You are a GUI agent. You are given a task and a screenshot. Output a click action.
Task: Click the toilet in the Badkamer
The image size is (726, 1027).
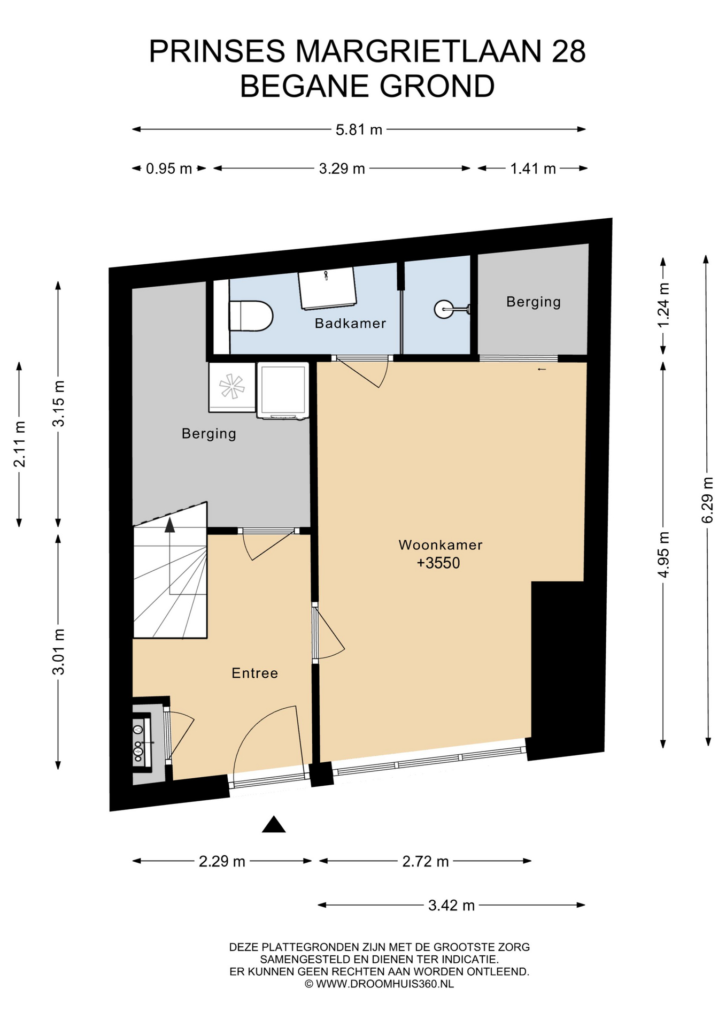[x=251, y=316]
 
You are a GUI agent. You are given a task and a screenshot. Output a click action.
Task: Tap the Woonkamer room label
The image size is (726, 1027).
[x=441, y=545]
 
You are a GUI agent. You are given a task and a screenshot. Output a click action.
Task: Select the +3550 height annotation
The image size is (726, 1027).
[x=438, y=563]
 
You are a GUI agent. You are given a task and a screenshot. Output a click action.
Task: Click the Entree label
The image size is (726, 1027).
[x=254, y=673]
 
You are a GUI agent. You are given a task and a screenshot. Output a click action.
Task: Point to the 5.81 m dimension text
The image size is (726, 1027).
[x=359, y=129]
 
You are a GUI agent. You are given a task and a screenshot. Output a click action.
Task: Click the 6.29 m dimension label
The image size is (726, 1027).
[x=707, y=500]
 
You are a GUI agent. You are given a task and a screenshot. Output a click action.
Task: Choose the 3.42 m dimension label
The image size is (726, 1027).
[x=451, y=905]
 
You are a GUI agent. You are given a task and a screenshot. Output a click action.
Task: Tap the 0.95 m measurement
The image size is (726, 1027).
[x=169, y=168]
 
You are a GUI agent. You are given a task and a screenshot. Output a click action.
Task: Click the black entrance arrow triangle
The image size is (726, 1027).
[x=274, y=824]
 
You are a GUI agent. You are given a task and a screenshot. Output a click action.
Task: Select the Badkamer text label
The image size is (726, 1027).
[x=350, y=323]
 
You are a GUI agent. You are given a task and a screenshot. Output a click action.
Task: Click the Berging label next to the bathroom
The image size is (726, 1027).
[x=534, y=302]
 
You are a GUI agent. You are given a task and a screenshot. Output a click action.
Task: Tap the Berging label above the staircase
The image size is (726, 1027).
[x=209, y=433]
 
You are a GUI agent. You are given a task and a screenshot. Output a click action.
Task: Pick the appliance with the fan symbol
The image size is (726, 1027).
[x=232, y=387]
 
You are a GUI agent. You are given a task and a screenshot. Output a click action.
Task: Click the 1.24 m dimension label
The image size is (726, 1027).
[x=663, y=305]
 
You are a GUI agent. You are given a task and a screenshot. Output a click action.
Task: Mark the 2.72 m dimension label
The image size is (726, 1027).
[x=425, y=861]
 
